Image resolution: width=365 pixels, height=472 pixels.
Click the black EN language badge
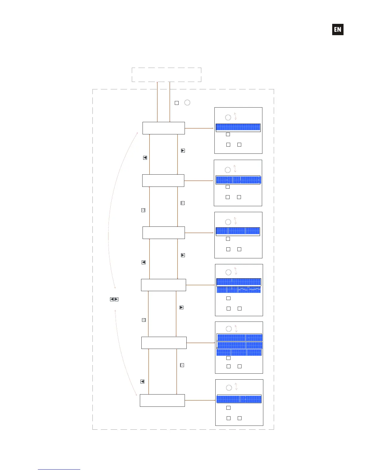point(338,29)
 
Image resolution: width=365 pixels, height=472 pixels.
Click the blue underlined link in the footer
point(59,469)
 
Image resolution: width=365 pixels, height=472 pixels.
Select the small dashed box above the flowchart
point(166,74)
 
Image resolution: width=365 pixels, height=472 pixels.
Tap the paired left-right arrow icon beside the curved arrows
point(114,299)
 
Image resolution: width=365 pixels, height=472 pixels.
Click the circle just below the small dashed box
point(187,103)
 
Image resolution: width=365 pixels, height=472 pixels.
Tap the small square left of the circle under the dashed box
point(177,103)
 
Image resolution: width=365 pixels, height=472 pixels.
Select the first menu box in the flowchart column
point(163,128)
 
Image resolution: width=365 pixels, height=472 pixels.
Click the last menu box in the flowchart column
point(162,400)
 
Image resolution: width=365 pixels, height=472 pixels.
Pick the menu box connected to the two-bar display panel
point(163,285)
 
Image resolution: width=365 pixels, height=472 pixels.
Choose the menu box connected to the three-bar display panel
point(164,343)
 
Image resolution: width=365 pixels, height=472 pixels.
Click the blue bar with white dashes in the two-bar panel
point(239,290)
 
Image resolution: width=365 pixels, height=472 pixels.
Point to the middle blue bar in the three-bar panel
point(240,345)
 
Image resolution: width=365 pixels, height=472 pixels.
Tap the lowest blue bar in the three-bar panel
point(239,353)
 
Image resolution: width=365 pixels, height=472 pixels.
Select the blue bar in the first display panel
point(238,128)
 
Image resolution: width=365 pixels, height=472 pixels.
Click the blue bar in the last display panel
point(239,399)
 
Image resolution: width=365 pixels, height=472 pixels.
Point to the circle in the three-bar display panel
point(229,329)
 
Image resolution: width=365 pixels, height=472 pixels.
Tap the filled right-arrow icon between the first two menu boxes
point(183,150)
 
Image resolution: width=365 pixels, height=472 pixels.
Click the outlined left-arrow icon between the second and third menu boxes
point(143,210)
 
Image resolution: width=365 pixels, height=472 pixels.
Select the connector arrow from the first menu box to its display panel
point(199,128)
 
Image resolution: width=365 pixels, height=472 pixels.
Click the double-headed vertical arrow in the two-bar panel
point(236,271)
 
